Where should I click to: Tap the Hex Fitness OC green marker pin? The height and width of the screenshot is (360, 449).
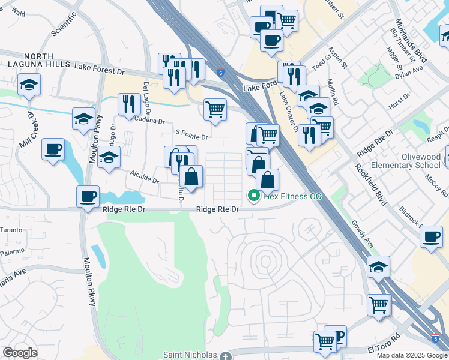pos(254,196)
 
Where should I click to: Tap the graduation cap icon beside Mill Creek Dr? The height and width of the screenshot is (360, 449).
pos(28,85)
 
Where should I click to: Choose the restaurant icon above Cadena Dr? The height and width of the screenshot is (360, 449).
pos(129,104)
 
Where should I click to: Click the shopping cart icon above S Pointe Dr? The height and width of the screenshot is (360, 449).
pos(215,110)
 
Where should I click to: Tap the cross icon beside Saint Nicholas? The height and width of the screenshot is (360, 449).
pos(225,356)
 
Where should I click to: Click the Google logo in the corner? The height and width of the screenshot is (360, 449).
pos(20,353)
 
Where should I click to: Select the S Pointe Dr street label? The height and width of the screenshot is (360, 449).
pos(191,136)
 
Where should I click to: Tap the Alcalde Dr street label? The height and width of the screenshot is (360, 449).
pos(145,176)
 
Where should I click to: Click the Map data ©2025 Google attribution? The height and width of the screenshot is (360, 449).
pos(412,355)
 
